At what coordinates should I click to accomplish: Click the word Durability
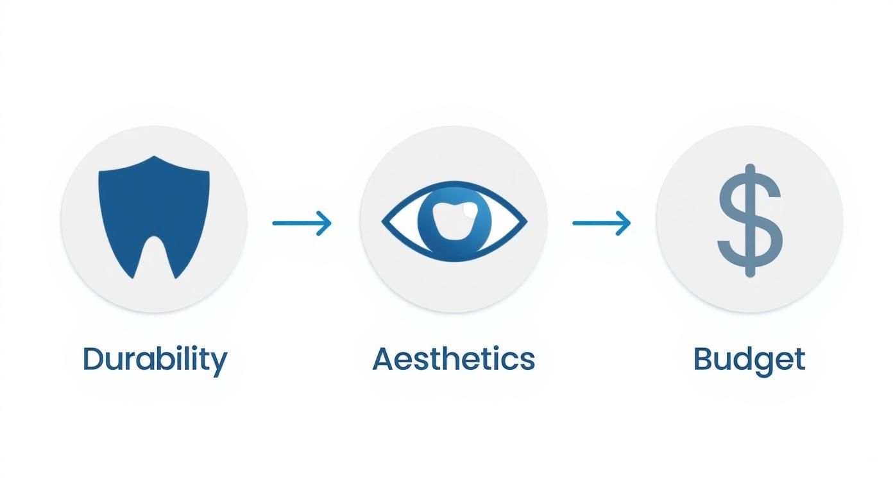coord(155,359)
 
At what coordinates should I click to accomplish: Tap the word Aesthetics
coord(453,359)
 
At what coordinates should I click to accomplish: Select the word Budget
coord(749,359)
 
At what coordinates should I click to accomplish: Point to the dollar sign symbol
coord(749,220)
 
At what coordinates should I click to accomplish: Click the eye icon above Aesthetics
coord(454,222)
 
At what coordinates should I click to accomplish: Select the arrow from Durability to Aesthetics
coord(302,223)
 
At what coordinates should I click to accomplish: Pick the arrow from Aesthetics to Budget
coord(601,223)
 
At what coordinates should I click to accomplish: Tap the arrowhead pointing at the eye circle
coord(327,223)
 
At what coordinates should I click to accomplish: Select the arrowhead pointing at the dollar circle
coord(625,223)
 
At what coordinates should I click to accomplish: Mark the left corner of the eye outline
coord(384,222)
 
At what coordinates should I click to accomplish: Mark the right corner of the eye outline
coord(525,222)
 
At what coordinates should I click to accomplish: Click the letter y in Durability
coord(219,364)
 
